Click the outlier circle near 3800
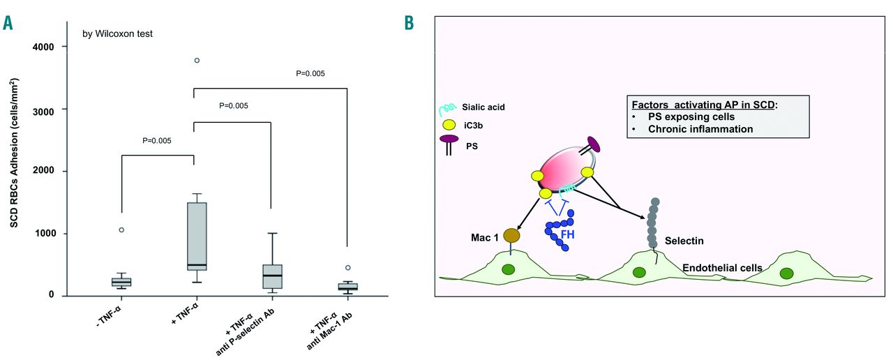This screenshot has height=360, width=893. [x=197, y=61]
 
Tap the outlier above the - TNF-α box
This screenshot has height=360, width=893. [x=121, y=230]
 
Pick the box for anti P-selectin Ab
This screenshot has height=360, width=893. [x=271, y=276]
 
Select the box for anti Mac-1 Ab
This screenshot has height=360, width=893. [x=347, y=287]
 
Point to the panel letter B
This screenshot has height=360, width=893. [x=409, y=22]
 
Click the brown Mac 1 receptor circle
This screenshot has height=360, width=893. [x=512, y=236]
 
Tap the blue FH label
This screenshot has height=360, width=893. [x=567, y=235]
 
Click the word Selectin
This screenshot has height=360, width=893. [x=684, y=241]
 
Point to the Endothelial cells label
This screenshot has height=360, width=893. [x=721, y=268]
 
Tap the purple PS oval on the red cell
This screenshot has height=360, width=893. [x=593, y=144]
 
